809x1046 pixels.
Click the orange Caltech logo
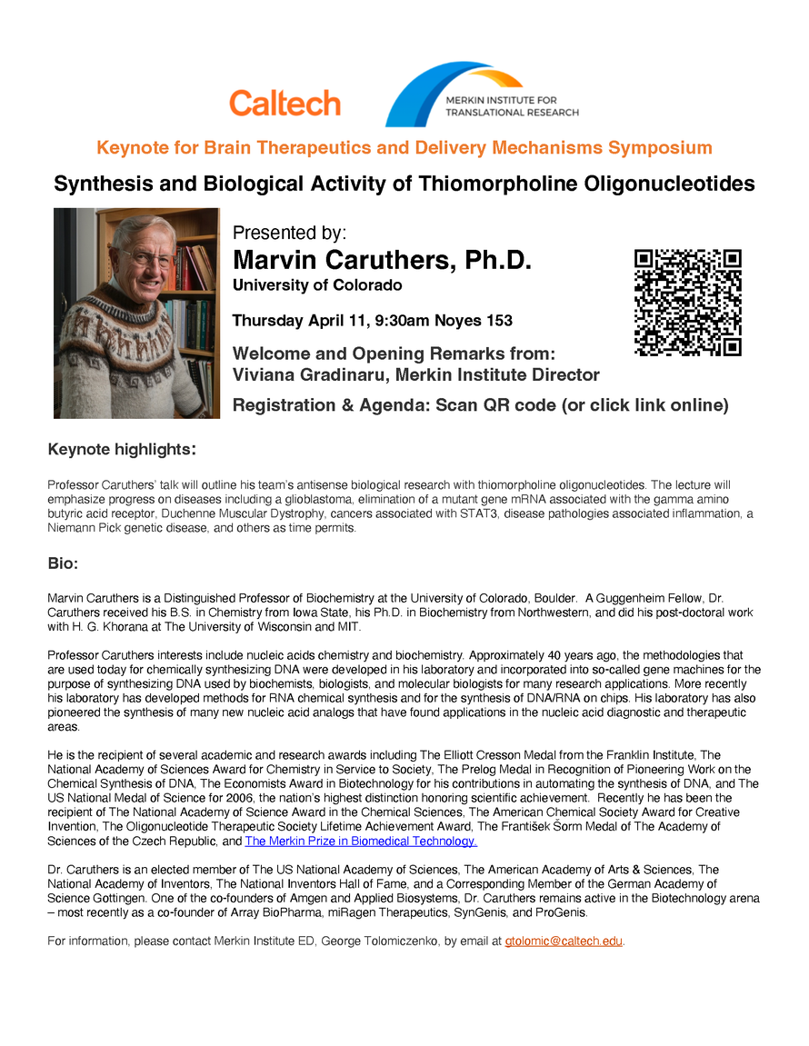click(x=285, y=103)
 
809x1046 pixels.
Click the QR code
click(x=687, y=302)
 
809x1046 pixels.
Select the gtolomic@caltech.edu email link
click(x=564, y=941)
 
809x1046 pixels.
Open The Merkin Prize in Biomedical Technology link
click(x=361, y=841)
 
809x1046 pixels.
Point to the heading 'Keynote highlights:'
click(x=122, y=449)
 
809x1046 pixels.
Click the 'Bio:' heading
click(x=63, y=564)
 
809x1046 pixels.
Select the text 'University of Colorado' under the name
click(x=317, y=285)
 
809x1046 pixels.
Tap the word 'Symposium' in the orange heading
click(x=660, y=147)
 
